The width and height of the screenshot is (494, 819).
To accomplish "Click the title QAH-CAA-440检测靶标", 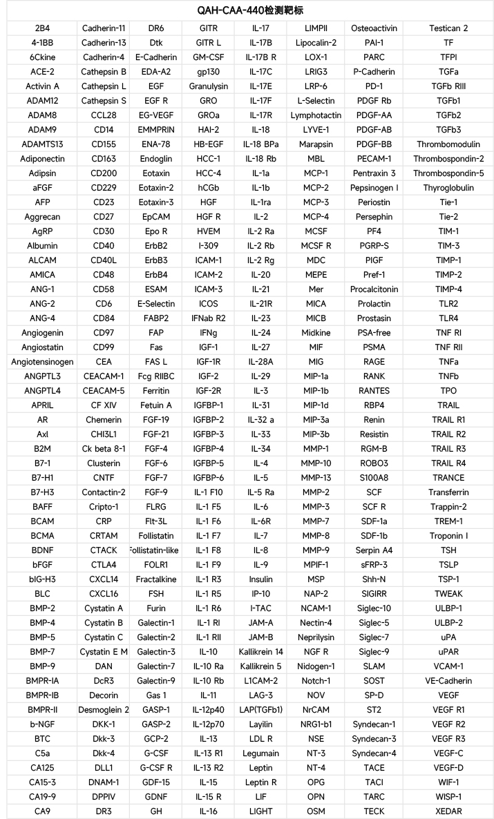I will [247, 10].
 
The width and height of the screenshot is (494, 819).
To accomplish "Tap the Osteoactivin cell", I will [374, 28].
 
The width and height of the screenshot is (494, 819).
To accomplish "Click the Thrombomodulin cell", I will [448, 144].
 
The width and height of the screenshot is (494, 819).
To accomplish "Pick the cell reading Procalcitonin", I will [374, 289].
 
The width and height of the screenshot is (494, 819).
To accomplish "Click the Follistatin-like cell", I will [155, 550].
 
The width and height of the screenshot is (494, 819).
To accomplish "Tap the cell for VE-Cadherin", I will [448, 681].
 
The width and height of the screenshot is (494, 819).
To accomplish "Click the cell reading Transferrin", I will [448, 492].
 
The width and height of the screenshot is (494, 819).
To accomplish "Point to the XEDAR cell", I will [448, 811].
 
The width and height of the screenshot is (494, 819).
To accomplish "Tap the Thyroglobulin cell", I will [448, 188].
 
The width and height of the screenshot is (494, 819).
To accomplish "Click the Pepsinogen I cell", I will [374, 188].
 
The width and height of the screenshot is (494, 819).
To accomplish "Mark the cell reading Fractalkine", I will [155, 579].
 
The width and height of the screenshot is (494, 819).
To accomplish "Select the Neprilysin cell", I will [316, 637].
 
